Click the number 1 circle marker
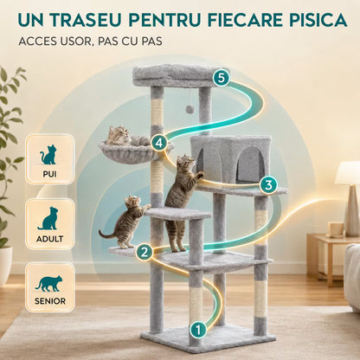point(198,329)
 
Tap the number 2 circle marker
point(145,252)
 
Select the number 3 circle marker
point(268,185)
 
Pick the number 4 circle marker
point(159,142)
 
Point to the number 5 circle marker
point(221,78)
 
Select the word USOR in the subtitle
point(75,42)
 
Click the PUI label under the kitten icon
point(49,174)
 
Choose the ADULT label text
point(49,239)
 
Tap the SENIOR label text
point(50,301)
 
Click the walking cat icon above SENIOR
point(49,284)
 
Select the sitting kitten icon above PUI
point(48,155)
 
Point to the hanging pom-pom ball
point(190,109)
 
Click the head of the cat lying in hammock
point(119,133)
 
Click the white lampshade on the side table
point(348,173)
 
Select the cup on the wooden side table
point(337,229)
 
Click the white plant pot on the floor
point(5,265)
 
